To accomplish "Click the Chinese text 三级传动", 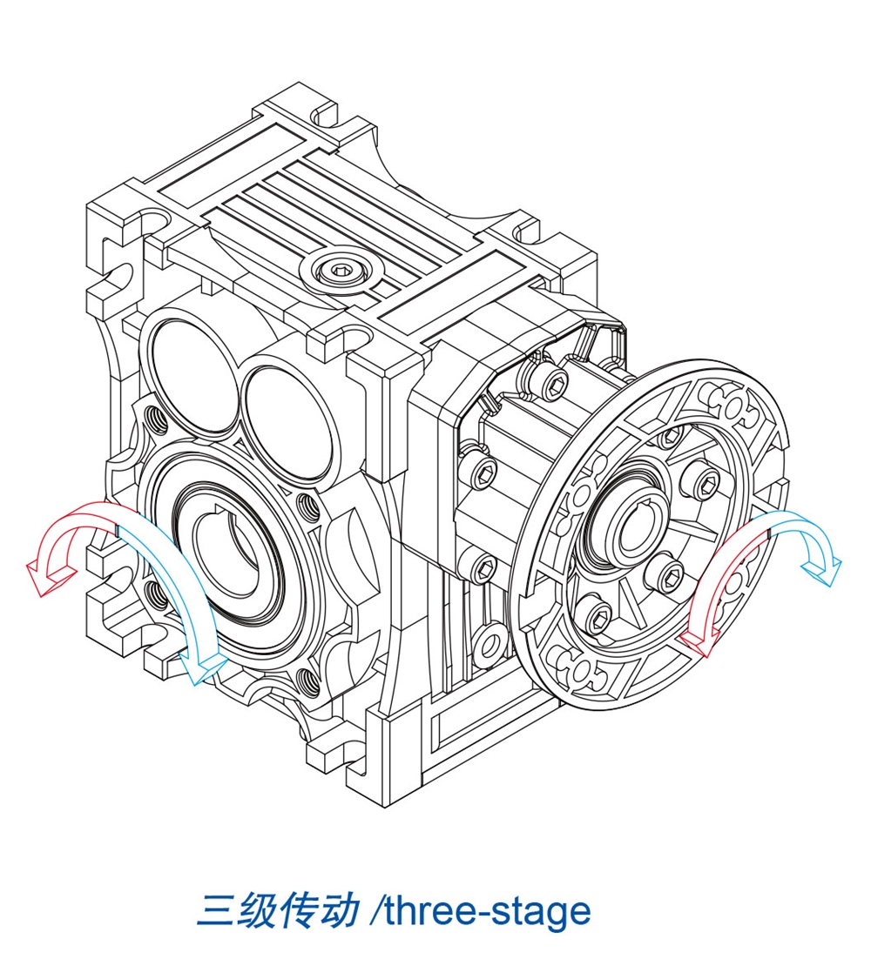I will (277, 910).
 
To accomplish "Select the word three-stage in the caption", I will (487, 912).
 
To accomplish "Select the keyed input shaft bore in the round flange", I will (623, 530).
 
